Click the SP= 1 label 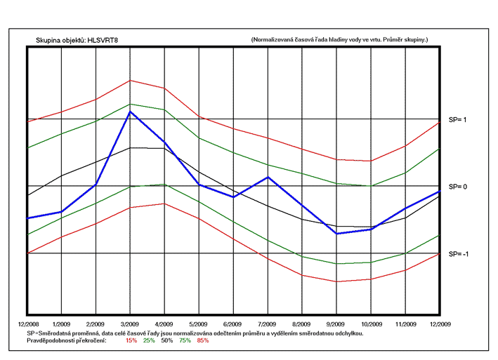click(459, 120)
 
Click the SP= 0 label click(459, 187)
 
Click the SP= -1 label click(459, 253)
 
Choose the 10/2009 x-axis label click(372, 325)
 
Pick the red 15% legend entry click(131, 340)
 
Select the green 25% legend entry click(149, 340)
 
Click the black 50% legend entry click(167, 340)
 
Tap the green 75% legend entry click(185, 340)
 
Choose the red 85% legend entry click(203, 340)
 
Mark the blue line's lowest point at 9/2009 click(337, 233)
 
